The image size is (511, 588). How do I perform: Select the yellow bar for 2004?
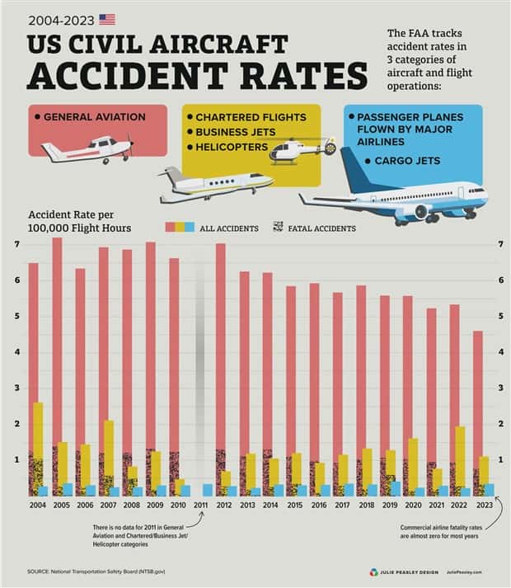38,429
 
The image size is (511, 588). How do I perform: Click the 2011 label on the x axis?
200,504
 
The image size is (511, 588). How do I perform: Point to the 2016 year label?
316,504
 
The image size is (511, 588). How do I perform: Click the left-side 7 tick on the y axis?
16,244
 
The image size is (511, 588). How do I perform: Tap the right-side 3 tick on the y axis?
501,388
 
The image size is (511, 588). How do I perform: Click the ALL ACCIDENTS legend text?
229,228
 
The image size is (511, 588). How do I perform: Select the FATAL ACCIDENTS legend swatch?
278,227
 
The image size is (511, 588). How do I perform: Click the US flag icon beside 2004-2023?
107,19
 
